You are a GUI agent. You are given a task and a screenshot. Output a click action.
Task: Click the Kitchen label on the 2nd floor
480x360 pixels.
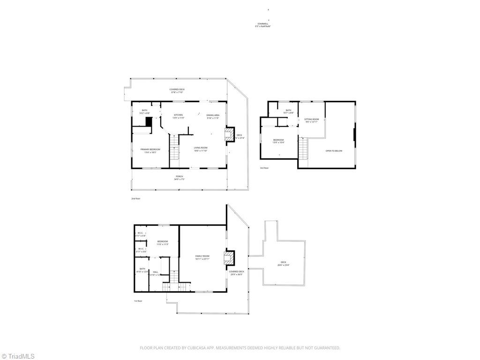click(179, 115)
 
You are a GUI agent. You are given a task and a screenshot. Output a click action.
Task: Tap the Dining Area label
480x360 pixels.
click(213, 115)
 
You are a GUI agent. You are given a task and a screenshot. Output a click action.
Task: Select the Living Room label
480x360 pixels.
click(201, 148)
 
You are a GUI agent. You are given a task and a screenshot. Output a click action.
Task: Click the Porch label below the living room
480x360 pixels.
click(180, 177)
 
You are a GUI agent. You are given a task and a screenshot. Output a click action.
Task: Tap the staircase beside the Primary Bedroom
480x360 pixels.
click(174, 147)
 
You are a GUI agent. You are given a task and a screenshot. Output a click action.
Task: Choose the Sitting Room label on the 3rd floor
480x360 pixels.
click(311, 120)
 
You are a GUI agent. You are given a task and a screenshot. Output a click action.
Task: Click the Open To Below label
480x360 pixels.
click(334, 150)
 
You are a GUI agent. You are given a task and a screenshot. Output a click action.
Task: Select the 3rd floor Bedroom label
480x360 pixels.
click(278, 140)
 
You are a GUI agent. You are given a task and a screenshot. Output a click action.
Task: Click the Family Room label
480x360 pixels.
click(202, 256)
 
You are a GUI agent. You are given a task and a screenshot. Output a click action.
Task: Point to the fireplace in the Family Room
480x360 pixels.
click(228, 257)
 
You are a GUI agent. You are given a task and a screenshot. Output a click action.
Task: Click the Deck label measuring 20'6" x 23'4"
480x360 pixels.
click(283, 262)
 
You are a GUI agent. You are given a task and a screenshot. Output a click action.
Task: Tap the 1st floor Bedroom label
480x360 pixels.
click(163, 242)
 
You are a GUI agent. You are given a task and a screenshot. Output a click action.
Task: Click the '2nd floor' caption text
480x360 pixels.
click(135, 199)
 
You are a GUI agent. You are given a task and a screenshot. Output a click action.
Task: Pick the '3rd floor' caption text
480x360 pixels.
click(264, 168)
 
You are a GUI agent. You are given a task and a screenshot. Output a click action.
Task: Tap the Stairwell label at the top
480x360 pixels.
click(263, 23)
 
